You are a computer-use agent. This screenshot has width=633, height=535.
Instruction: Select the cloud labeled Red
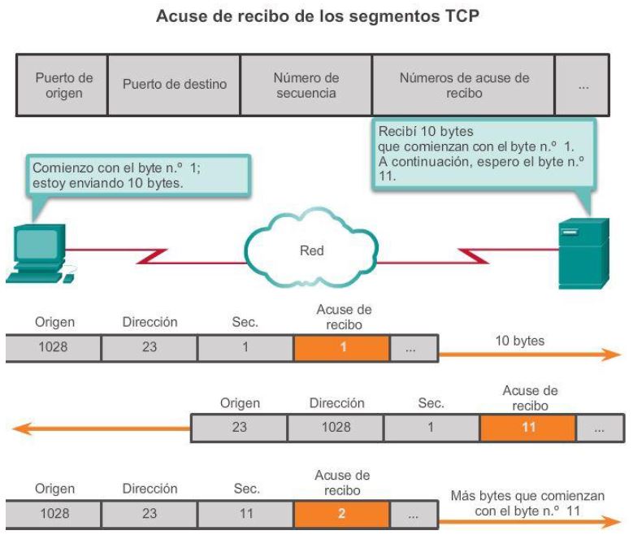[x=311, y=249]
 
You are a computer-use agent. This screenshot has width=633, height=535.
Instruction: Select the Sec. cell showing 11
[x=246, y=513]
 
